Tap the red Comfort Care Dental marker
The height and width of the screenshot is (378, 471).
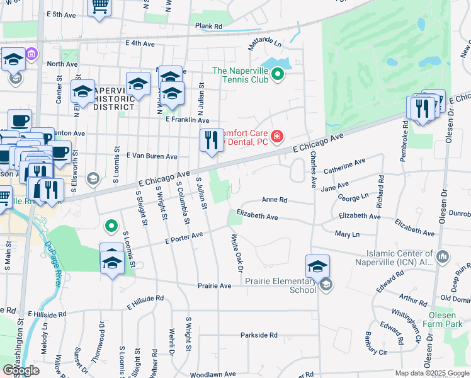(276, 136)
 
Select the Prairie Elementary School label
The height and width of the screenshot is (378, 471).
(280, 285)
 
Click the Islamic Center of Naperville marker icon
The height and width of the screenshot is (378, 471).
(443, 256)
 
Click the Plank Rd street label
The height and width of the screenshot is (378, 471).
(209, 26)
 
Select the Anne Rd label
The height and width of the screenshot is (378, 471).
(275, 200)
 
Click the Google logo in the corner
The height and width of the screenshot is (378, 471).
(20, 370)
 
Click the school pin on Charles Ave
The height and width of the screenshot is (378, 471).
(318, 265)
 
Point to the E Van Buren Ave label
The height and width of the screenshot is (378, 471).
(152, 156)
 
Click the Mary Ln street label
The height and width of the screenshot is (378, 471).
(347, 234)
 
